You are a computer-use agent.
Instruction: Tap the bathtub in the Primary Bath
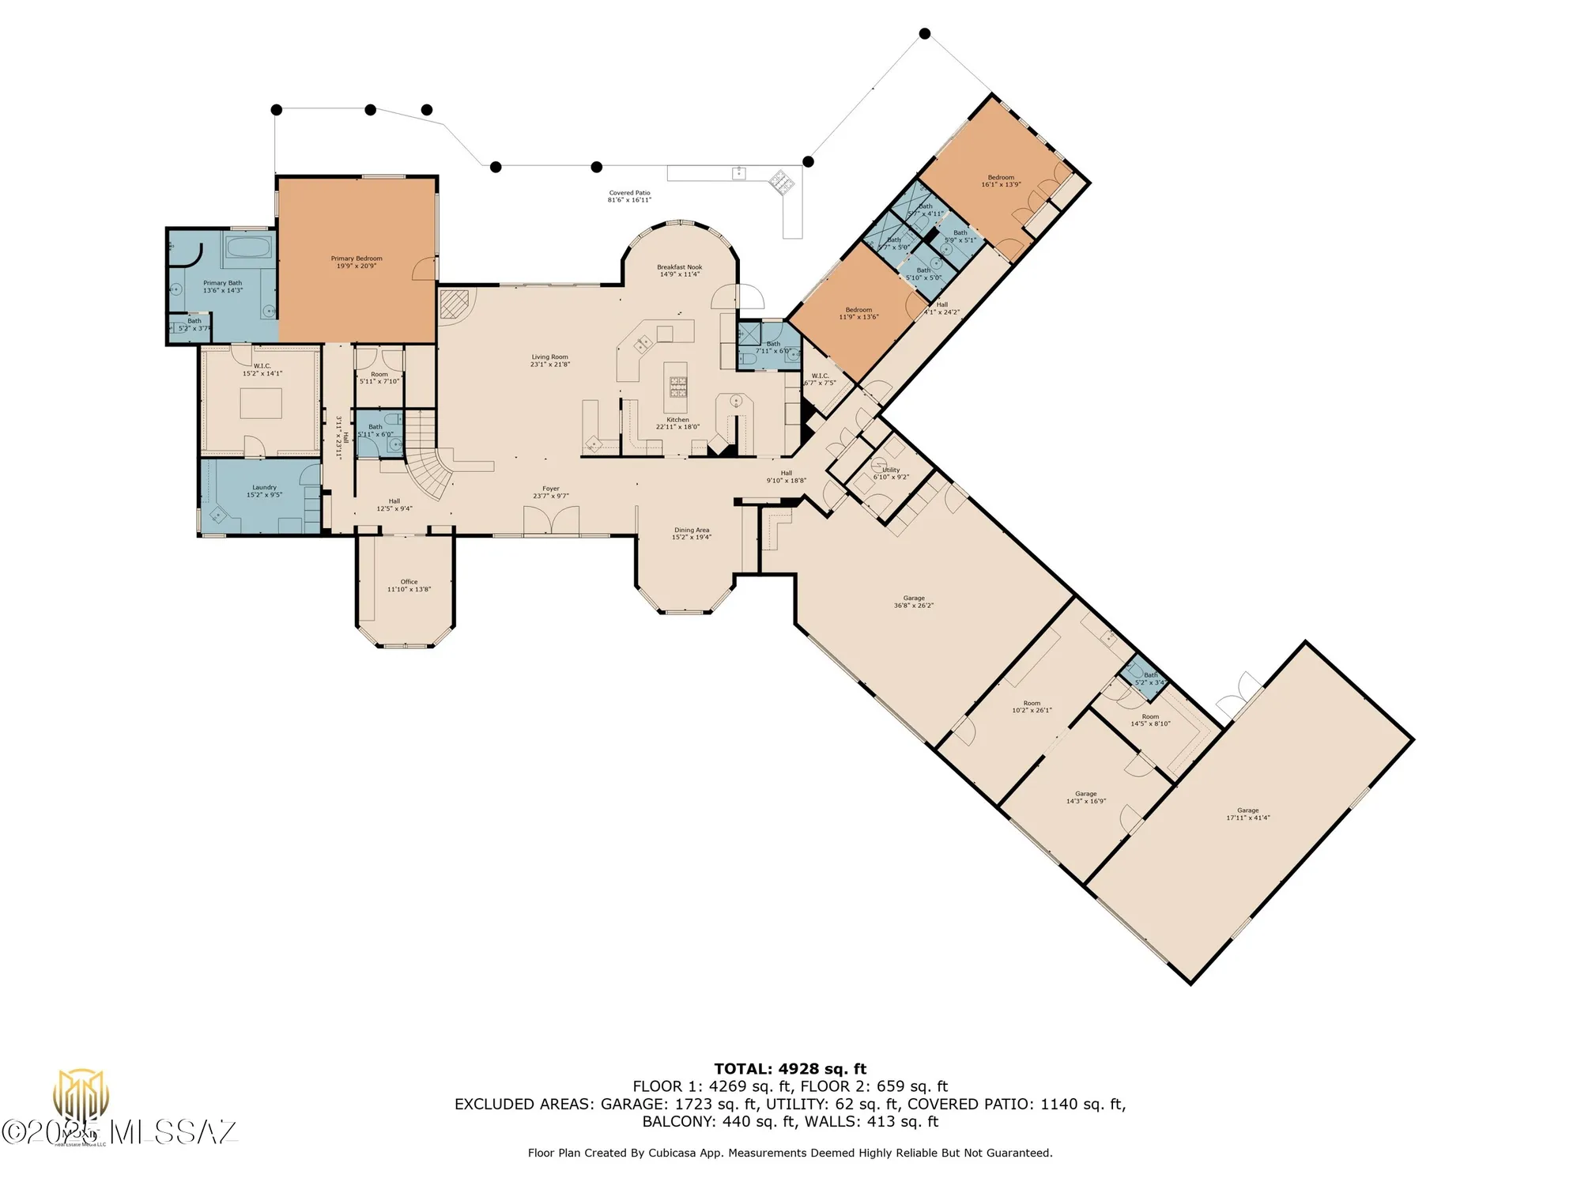(x=249, y=247)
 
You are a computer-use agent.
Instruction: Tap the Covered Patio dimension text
(x=629, y=200)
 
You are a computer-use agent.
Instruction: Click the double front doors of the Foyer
(x=551, y=522)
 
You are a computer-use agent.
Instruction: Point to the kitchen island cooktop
(x=678, y=386)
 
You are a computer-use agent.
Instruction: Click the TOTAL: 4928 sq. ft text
(x=790, y=1069)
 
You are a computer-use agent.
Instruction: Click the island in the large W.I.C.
(x=261, y=403)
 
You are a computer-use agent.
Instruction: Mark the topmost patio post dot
(x=924, y=33)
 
